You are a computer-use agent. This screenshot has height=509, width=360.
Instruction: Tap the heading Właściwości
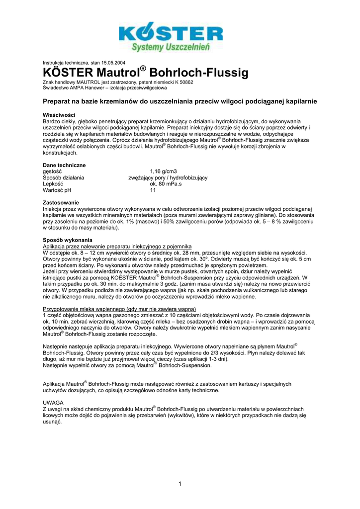[x=59, y=115]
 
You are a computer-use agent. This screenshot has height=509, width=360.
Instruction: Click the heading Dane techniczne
[x=64, y=165]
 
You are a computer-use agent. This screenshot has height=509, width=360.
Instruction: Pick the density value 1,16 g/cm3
[x=163, y=171]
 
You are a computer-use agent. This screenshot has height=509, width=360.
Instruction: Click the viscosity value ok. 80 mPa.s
[x=166, y=183]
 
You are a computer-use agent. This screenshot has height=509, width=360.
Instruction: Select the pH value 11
[x=153, y=190]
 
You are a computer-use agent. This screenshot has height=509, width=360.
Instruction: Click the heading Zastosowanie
[x=61, y=203]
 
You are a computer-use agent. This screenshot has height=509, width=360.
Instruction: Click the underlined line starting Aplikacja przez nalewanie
[x=117, y=247]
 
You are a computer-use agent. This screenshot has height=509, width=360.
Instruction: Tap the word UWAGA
[x=53, y=402]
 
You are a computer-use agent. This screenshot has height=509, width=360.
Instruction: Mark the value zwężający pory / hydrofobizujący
[x=168, y=177]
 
